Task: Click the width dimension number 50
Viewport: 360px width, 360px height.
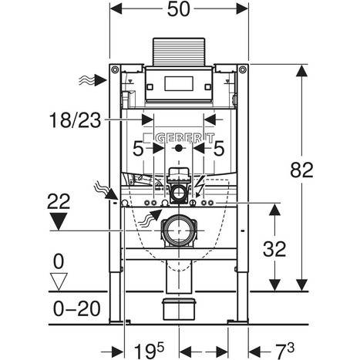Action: pyautogui.click(x=179, y=9)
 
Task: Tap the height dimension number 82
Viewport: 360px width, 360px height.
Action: pyautogui.click(x=301, y=170)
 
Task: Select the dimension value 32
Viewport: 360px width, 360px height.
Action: pyautogui.click(x=274, y=249)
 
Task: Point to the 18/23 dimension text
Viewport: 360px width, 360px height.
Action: pyautogui.click(x=75, y=120)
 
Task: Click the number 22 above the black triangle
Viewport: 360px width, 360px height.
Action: pyautogui.click(x=59, y=201)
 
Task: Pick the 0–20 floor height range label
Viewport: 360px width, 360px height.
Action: pyautogui.click(x=76, y=308)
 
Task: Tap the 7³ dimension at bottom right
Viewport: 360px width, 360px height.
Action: pyautogui.click(x=285, y=351)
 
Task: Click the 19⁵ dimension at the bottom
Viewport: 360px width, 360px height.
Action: pyautogui.click(x=149, y=351)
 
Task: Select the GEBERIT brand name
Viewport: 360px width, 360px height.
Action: pyautogui.click(x=185, y=138)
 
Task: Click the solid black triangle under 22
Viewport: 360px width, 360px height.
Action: pyautogui.click(x=59, y=221)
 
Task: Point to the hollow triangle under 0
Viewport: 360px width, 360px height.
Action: pyautogui.click(x=59, y=281)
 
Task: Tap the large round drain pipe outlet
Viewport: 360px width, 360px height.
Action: pyautogui.click(x=179, y=230)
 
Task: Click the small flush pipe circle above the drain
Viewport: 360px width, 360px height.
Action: pyautogui.click(x=178, y=193)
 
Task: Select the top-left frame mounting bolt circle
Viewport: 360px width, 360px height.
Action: pyautogui.click(x=115, y=69)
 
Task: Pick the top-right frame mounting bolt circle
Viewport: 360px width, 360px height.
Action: pyautogui.click(x=243, y=69)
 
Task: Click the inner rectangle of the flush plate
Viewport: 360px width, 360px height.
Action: pyautogui.click(x=179, y=83)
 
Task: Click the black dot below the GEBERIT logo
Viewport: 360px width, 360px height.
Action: pyautogui.click(x=178, y=149)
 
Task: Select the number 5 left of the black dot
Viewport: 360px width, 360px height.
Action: pyautogui.click(x=138, y=149)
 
